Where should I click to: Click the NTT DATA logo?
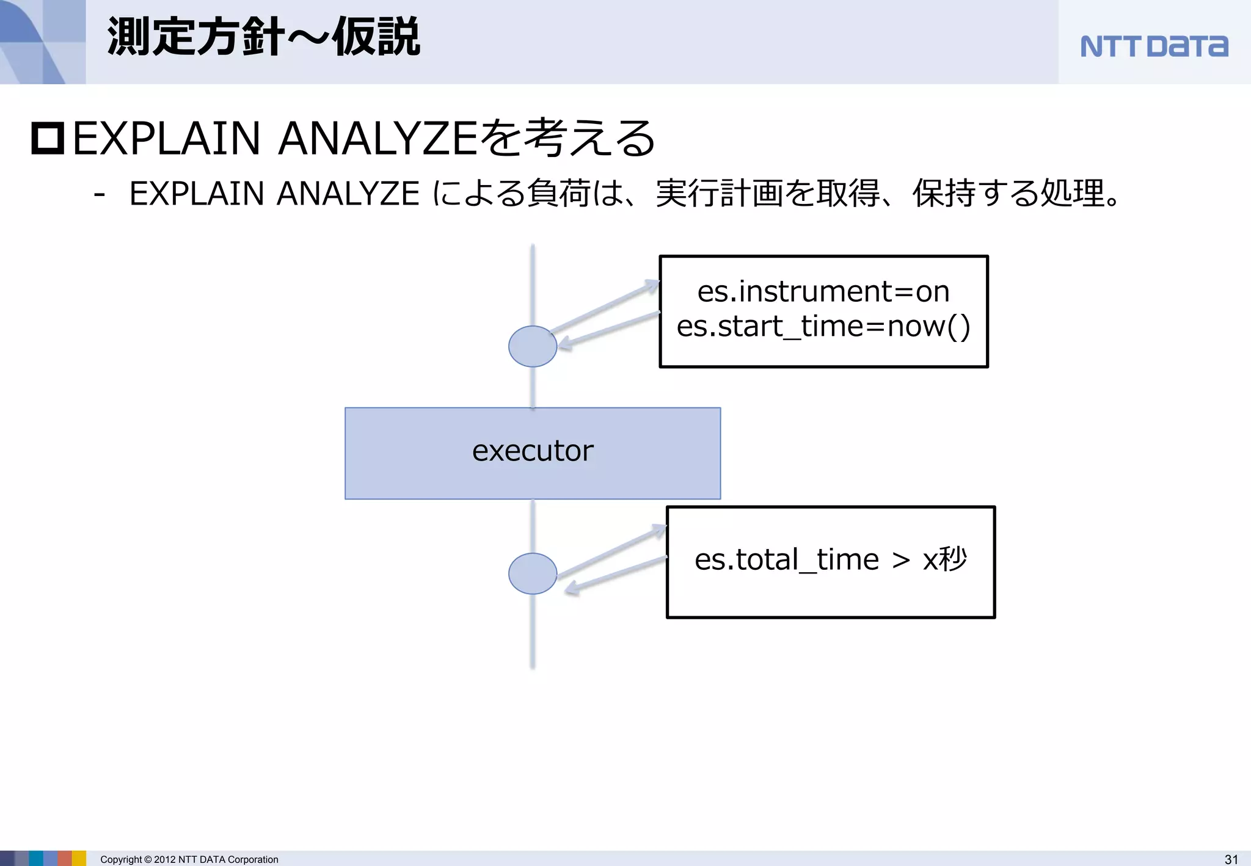[x=1154, y=46]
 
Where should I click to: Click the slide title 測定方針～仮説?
[x=263, y=37]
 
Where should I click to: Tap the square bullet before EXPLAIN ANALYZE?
[x=48, y=138]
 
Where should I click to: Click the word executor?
[x=533, y=451]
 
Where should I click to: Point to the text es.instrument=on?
[x=823, y=291]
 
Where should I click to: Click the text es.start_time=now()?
[x=823, y=326]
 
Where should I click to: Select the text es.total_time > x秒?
[x=831, y=559]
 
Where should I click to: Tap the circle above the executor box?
[x=533, y=346]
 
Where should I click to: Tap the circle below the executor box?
[x=533, y=573]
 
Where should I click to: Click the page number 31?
[x=1231, y=859]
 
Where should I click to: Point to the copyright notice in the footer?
[x=189, y=859]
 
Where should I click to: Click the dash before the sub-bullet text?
[x=100, y=195]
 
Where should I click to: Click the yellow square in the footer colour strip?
[x=79, y=858]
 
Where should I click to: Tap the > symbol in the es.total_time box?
[x=901, y=560]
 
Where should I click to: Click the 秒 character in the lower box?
[x=953, y=558]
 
